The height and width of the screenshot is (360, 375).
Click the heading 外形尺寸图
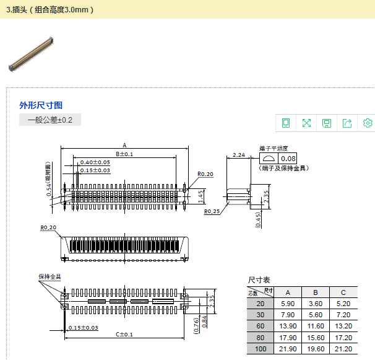tap(41, 105)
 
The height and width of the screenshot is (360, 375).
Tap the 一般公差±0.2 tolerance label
tap(50, 120)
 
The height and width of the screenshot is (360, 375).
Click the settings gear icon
tap(368, 123)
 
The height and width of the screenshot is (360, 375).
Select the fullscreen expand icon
tap(306, 123)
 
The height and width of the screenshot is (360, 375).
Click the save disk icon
tap(327, 123)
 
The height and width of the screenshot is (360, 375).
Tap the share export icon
tap(347, 123)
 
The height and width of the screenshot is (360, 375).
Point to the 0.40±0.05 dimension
tap(95, 162)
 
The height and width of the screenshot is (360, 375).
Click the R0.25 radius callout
tap(212, 211)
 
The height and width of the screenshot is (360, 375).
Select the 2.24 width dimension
tap(238, 155)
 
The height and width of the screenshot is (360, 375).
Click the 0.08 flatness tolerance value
tap(289, 159)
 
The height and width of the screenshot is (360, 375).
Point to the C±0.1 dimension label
tap(124, 335)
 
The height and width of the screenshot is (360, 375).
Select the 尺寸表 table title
tap(259, 280)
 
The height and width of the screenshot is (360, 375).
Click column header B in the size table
tap(315, 292)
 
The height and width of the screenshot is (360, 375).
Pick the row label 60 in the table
tap(260, 326)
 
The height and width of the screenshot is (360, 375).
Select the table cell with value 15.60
tap(315, 338)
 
